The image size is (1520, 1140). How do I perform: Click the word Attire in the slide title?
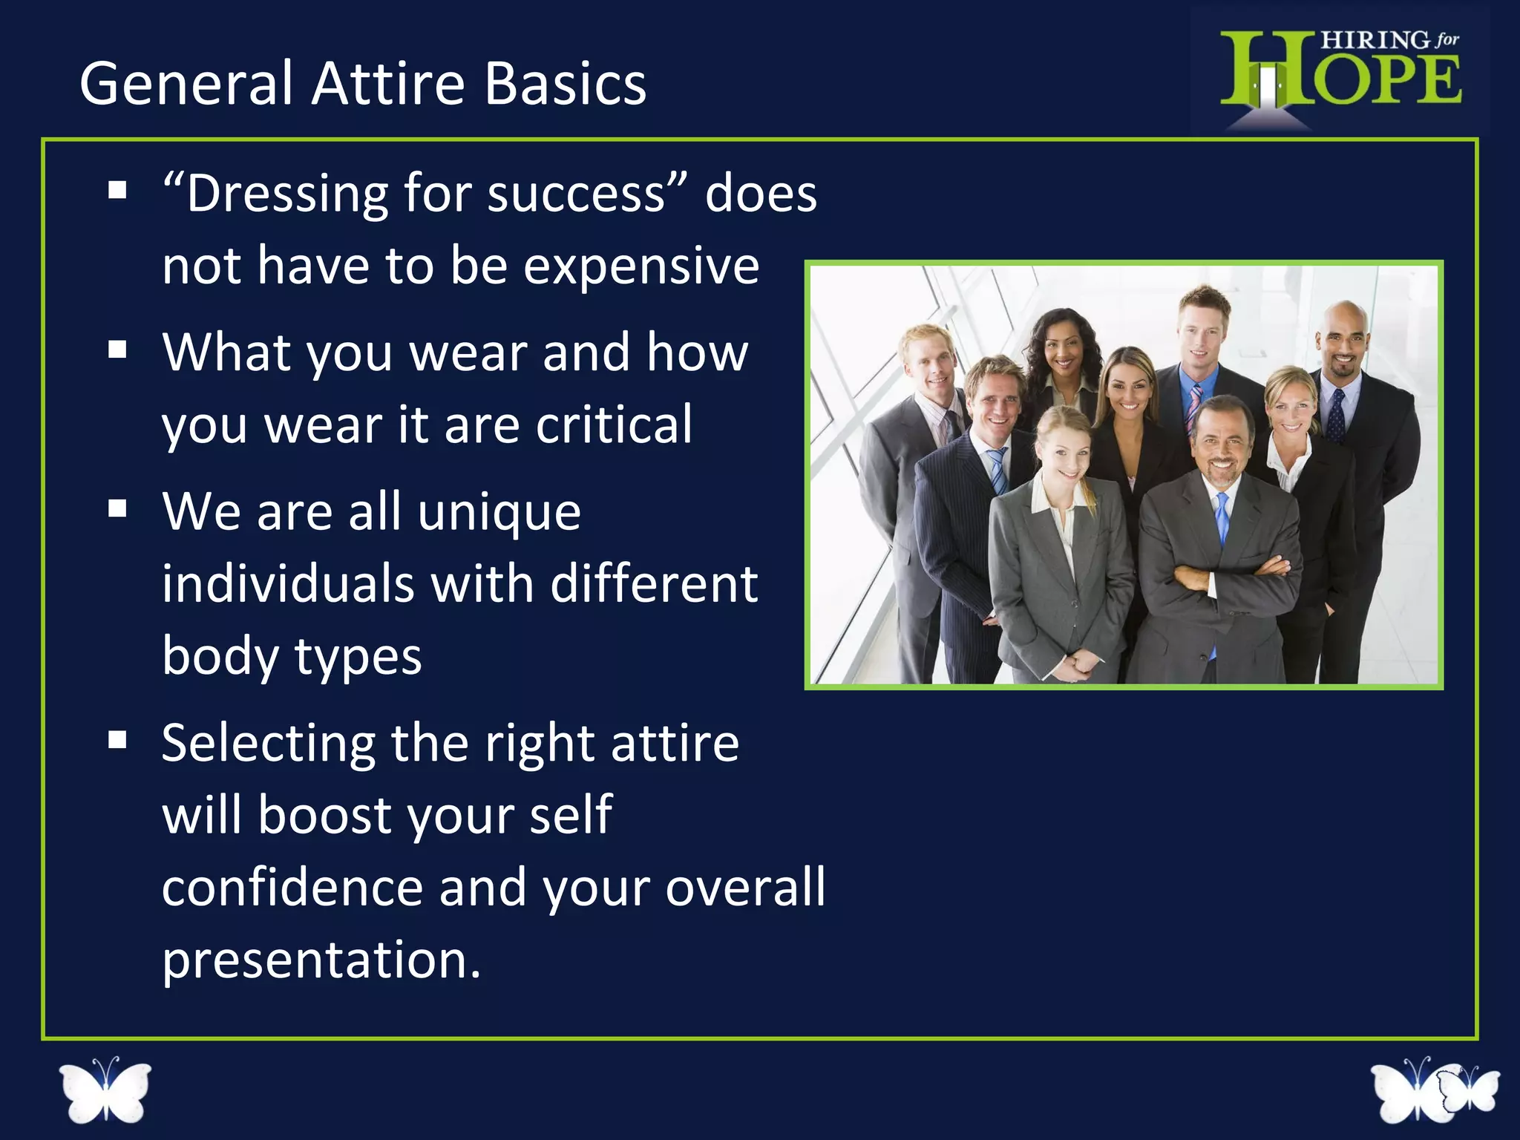coord(387,83)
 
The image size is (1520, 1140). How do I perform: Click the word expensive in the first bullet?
coord(641,266)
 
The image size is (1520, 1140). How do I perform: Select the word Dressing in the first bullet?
coord(286,194)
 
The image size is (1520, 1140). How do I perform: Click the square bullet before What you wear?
coord(117,349)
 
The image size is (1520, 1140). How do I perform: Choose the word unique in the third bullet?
coord(499,511)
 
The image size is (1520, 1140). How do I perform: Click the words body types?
coord(292,656)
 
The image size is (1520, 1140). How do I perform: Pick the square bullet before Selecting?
coord(117,740)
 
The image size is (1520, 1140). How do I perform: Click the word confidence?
coord(292,887)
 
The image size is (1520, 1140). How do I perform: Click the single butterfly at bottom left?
coord(105,1089)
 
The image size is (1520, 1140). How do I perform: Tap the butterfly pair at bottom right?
coord(1435,1090)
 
